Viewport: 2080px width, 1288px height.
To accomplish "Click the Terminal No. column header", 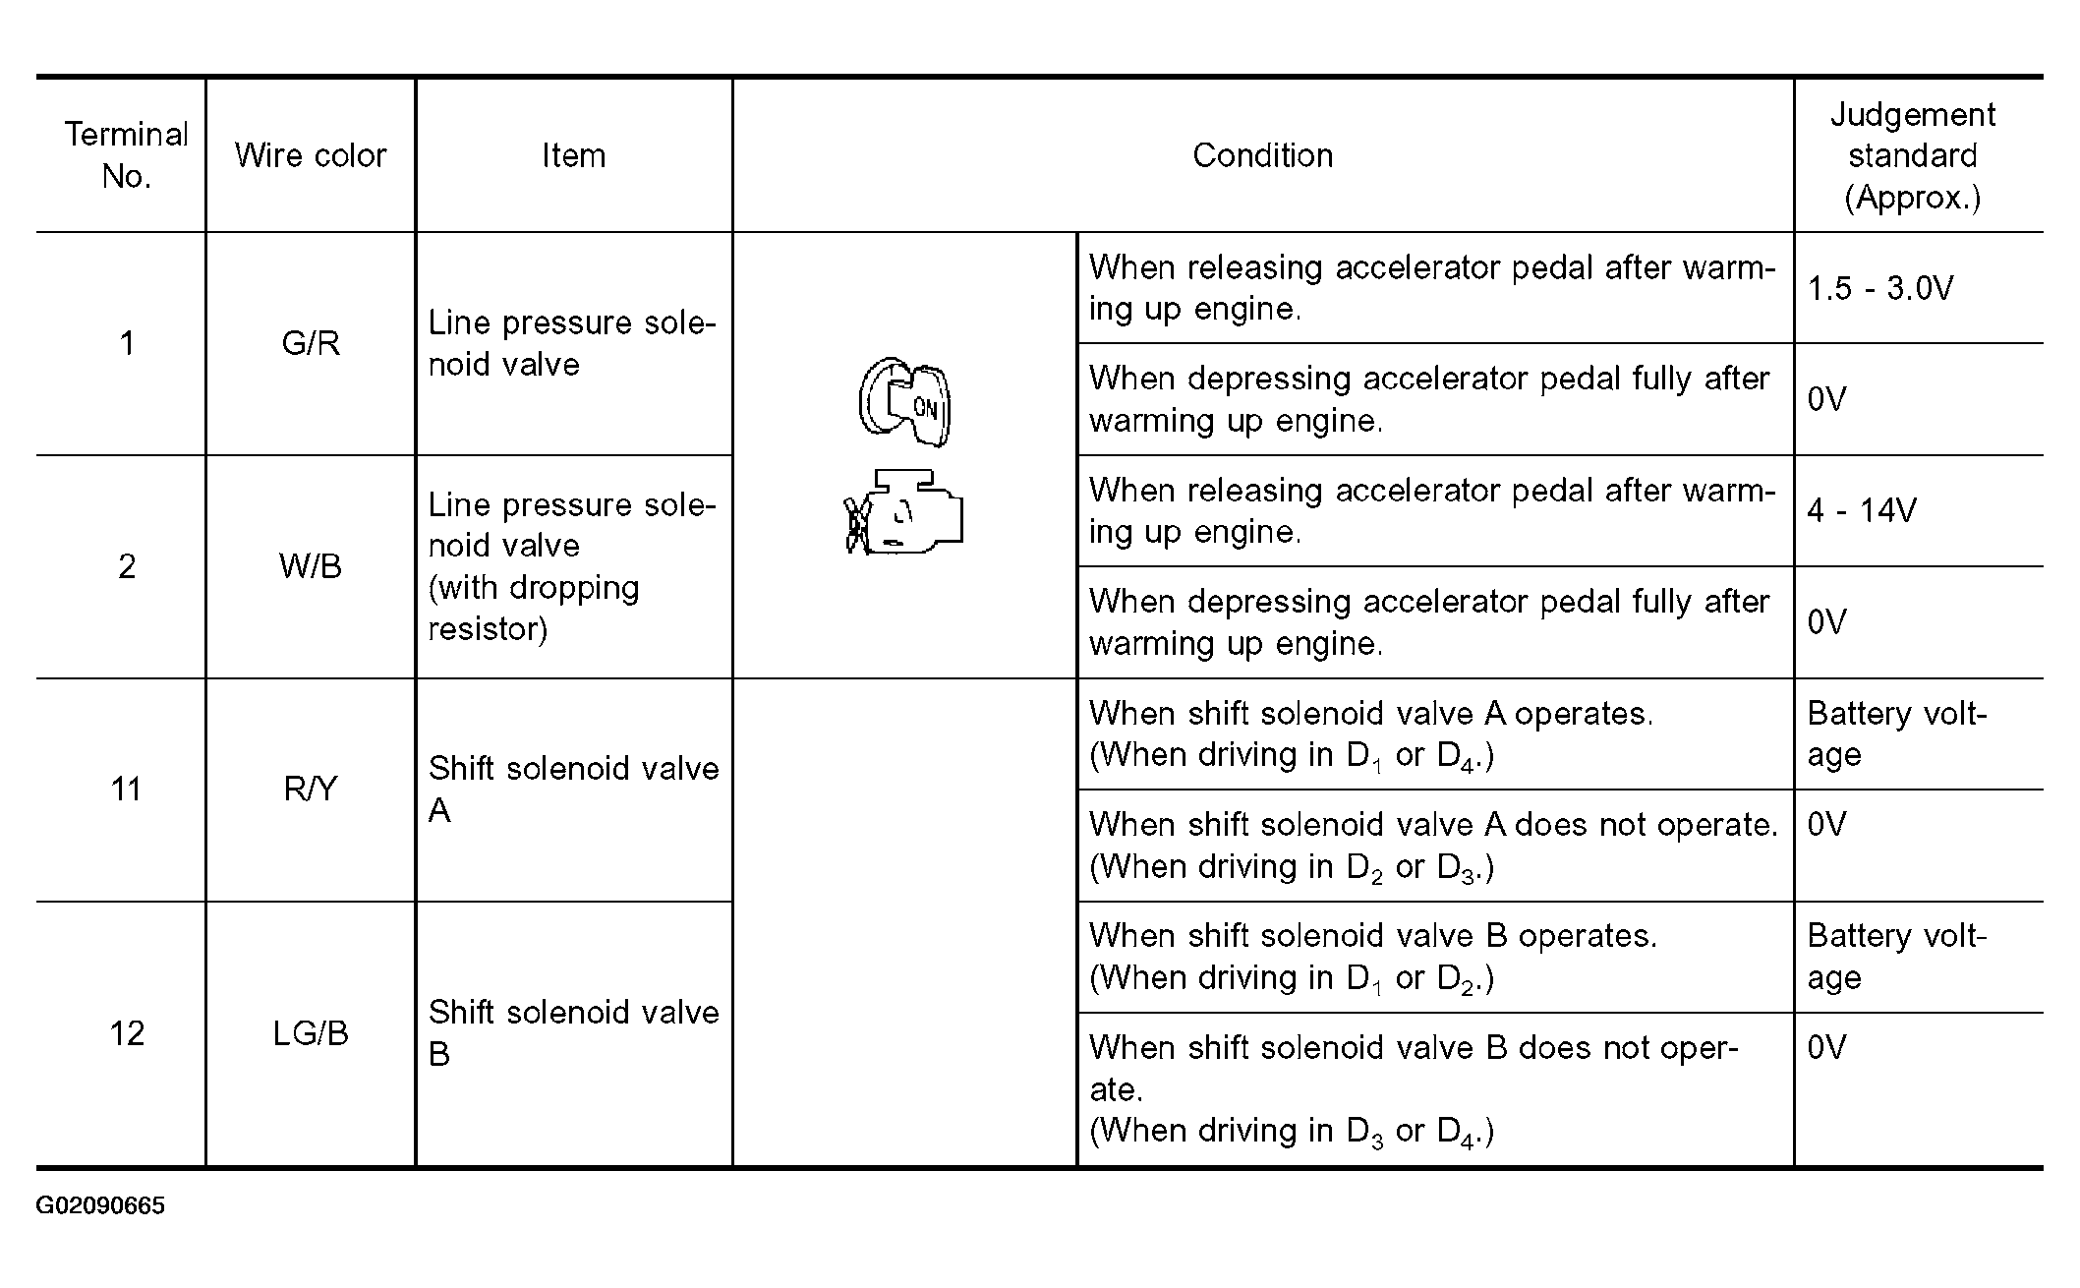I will (x=126, y=155).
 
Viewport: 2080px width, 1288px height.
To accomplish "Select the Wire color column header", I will (x=311, y=155).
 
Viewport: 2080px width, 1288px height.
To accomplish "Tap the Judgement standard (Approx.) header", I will (x=1912, y=155).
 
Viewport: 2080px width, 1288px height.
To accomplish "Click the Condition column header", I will (x=1262, y=155).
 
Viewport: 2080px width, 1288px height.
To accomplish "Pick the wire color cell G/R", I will (x=311, y=343).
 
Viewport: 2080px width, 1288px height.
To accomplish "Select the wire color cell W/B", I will (x=311, y=566).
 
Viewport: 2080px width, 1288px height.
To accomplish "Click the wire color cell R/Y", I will (x=311, y=789).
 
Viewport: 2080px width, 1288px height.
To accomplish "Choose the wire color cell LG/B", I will (x=311, y=1033).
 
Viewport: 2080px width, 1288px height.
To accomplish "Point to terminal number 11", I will (x=126, y=789).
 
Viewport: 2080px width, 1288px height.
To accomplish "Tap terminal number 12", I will (x=126, y=1033).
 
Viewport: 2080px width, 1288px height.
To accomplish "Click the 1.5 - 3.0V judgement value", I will (x=1879, y=288).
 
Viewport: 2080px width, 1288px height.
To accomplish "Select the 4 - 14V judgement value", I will (x=1862, y=510).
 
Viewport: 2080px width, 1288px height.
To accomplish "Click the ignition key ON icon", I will (x=905, y=401).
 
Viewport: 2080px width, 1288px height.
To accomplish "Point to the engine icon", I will (x=904, y=512).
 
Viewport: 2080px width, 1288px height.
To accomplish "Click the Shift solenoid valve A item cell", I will (x=573, y=789).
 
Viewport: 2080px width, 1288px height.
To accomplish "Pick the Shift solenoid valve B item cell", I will (x=573, y=1032).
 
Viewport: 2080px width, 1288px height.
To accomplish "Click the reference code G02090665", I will (x=100, y=1206).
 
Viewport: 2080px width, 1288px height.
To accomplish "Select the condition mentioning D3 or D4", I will (x=1414, y=1088).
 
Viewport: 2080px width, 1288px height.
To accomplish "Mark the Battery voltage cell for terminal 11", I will (x=1896, y=733).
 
